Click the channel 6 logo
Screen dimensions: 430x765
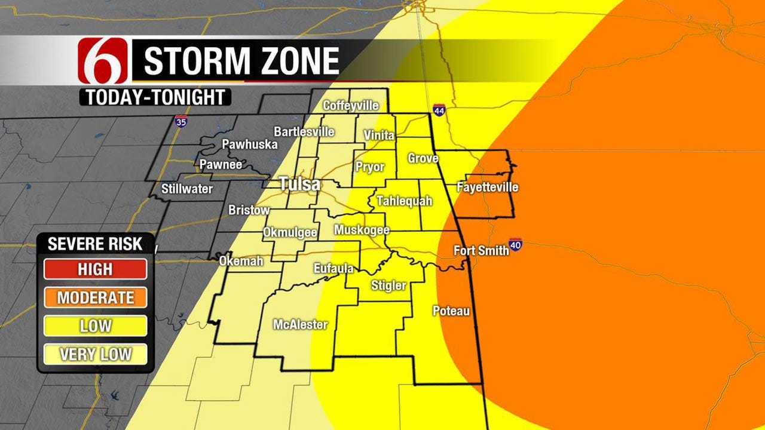pyautogui.click(x=103, y=60)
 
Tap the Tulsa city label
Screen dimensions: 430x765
pyautogui.click(x=300, y=184)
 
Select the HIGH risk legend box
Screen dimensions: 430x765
pyautogui.click(x=95, y=269)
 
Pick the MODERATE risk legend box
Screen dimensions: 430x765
pyautogui.click(x=95, y=297)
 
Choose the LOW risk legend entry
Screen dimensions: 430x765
pyautogui.click(x=95, y=325)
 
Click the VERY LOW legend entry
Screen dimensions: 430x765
pyautogui.click(x=95, y=354)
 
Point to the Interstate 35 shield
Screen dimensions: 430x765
pyautogui.click(x=180, y=122)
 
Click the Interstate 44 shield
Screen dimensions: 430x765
pyautogui.click(x=439, y=111)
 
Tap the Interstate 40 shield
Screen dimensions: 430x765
pyautogui.click(x=516, y=245)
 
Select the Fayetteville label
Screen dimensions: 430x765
pyautogui.click(x=487, y=188)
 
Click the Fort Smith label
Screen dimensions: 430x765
pyautogui.click(x=481, y=251)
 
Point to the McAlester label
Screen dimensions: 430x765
pyautogui.click(x=300, y=325)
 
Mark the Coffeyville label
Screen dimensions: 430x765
pyautogui.click(x=351, y=106)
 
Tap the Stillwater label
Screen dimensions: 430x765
pyautogui.click(x=187, y=189)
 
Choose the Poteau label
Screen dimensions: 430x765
pyautogui.click(x=451, y=311)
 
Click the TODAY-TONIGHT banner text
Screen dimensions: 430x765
pyautogui.click(x=155, y=97)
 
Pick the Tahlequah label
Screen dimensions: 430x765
pyautogui.click(x=404, y=201)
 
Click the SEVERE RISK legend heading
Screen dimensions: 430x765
pyautogui.click(x=95, y=244)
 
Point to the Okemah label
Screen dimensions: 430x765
pyautogui.click(x=241, y=261)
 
